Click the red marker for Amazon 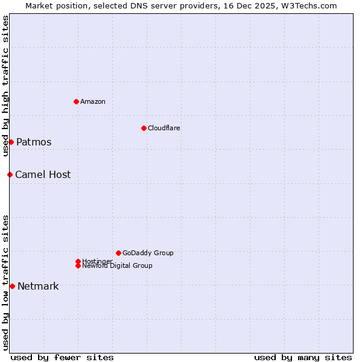76,101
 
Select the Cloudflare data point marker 144,128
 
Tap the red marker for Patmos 11,142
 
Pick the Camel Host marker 10,174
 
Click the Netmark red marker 12,286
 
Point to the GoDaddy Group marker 118,253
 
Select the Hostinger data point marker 78,261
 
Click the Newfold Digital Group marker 78,265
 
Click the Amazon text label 93,101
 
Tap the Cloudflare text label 164,128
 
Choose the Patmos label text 34,142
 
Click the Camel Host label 43,175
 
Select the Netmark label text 38,287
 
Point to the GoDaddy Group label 148,253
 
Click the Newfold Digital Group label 118,266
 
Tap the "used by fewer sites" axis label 62,357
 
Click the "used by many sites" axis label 303,357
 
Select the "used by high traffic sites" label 5,86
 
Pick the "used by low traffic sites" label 5,282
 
